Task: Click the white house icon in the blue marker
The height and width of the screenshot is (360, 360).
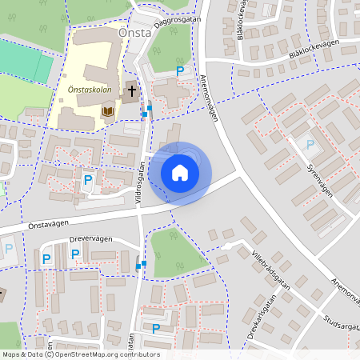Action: pyautogui.click(x=180, y=173)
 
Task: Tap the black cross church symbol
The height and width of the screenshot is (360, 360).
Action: pyautogui.click(x=131, y=90)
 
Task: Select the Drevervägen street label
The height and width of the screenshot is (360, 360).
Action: pyautogui.click(x=91, y=238)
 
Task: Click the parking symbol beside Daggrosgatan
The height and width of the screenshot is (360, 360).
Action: pyautogui.click(x=180, y=72)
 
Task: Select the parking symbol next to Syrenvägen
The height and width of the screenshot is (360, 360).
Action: pyautogui.click(x=310, y=145)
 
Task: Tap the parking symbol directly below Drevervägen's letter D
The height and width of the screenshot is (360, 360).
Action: pyautogui.click(x=75, y=254)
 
